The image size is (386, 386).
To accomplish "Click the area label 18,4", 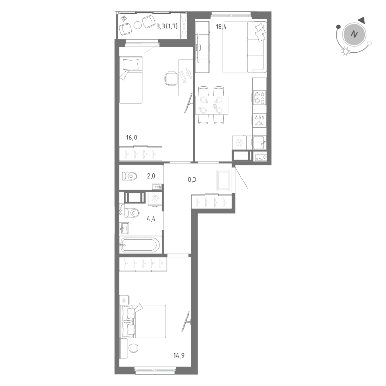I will click(221, 28).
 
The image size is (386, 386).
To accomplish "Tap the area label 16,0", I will click(132, 138).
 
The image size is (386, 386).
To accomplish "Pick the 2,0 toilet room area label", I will click(151, 176).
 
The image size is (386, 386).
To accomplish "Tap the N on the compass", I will click(355, 34).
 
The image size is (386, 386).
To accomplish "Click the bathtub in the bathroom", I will click(139, 245).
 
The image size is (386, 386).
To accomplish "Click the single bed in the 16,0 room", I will click(131, 80).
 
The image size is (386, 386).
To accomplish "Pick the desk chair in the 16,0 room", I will click(171, 79).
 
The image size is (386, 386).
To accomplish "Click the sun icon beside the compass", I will click(345, 52).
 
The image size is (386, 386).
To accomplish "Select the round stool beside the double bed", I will click(134, 347).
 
